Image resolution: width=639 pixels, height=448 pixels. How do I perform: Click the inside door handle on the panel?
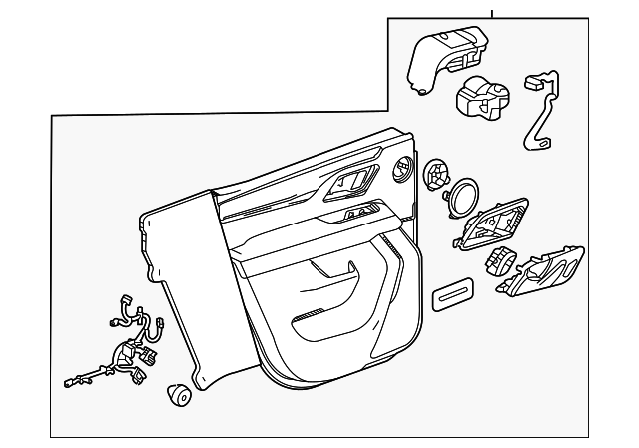352,183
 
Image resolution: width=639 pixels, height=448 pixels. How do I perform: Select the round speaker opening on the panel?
404,170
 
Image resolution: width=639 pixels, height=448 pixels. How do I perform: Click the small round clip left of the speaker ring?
435,175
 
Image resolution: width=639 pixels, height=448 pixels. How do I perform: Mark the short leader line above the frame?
491,12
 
